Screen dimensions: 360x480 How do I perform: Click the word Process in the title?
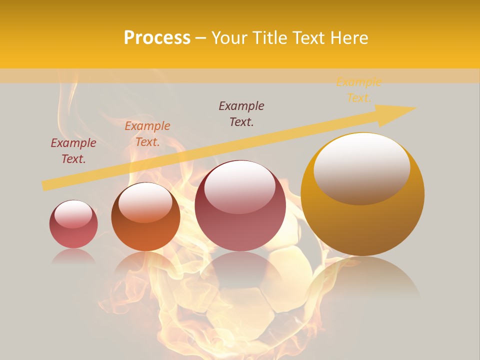157,38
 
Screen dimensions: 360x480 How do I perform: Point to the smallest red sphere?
73,224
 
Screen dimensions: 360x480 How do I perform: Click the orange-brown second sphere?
145,216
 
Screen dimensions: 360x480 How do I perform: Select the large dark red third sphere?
240,205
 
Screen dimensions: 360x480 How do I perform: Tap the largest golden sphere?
362,194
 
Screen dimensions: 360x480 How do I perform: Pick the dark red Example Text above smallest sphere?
73,151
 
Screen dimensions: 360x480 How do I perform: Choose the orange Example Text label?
147,134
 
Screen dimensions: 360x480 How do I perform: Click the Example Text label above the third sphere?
241,114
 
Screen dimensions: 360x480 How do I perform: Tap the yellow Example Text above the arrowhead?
358,90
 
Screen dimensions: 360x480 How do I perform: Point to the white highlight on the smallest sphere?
73,214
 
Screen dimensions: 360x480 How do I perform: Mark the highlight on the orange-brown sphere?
145,201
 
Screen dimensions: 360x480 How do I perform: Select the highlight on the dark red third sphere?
239,186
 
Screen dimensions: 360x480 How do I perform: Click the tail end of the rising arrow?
46,185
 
